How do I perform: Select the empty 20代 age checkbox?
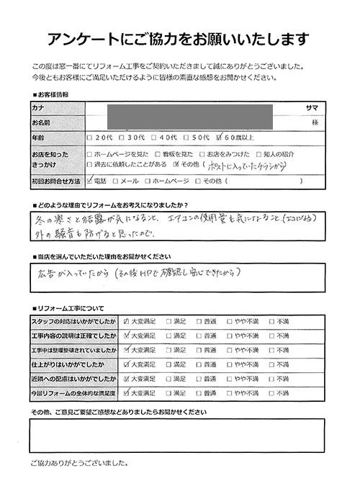tap(89, 138)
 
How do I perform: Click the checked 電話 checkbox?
tap(89, 181)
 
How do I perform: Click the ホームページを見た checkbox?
tap(89, 155)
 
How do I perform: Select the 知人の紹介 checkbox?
tap(258, 155)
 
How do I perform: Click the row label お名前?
tap(40, 122)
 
